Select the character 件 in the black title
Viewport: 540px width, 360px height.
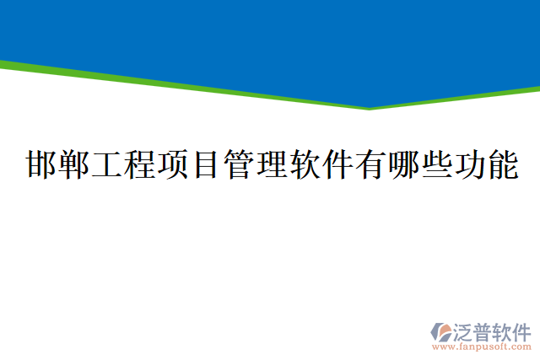338,165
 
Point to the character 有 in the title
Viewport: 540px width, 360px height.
371,165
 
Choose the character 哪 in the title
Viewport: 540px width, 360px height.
404,165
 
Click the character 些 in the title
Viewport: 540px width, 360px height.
437,165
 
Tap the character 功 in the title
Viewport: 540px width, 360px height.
470,165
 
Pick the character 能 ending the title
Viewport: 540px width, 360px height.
503,165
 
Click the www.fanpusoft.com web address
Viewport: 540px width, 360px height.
482,347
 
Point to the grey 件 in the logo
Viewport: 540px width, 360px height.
522,331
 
